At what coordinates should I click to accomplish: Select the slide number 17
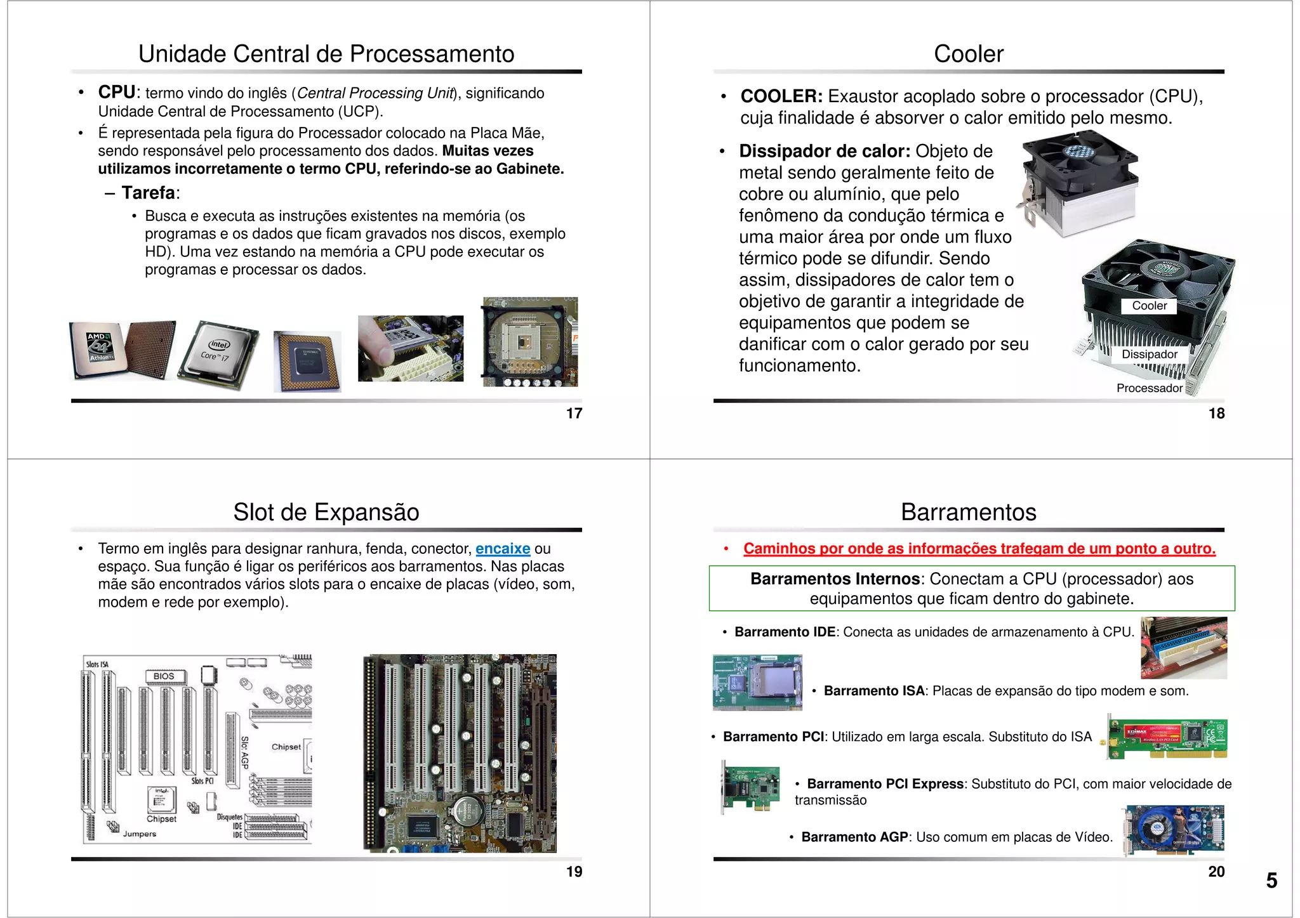click(x=574, y=414)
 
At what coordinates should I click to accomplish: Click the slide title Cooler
click(x=968, y=54)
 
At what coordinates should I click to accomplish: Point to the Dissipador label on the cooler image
click(x=1149, y=355)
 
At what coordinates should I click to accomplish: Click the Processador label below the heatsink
click(x=1149, y=388)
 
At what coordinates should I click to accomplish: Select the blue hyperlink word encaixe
click(x=503, y=549)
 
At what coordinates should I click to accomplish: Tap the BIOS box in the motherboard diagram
click(x=164, y=676)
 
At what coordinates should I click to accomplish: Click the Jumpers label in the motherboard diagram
click(x=140, y=834)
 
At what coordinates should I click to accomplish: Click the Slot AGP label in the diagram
click(x=245, y=753)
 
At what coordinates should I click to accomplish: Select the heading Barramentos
click(x=968, y=512)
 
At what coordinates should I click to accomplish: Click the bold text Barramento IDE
click(x=785, y=632)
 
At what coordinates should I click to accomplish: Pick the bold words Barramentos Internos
click(x=835, y=579)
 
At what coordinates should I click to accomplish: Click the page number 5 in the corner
click(x=1271, y=881)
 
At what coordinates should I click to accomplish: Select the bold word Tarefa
click(x=149, y=193)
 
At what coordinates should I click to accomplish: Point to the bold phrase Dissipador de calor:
click(x=824, y=151)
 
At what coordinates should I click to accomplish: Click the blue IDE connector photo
click(x=1183, y=648)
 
